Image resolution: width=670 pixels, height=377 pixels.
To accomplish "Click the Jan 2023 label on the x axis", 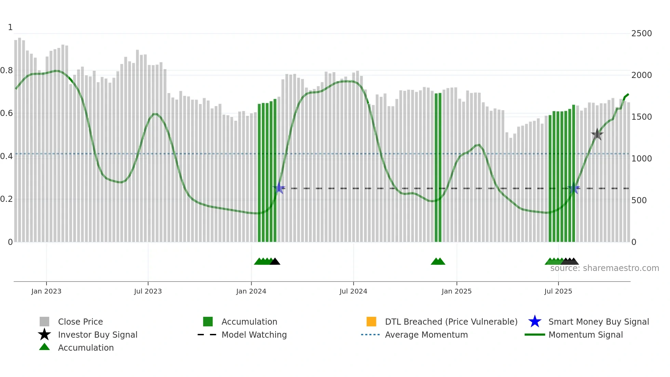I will point(46,291).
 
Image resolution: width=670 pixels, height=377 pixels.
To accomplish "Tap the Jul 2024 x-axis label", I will point(353,291).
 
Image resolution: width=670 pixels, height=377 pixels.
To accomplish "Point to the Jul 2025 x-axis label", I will point(558,291).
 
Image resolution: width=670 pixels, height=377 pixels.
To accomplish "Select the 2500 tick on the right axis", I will point(641,34).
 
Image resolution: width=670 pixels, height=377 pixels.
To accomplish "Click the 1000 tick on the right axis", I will point(641,158).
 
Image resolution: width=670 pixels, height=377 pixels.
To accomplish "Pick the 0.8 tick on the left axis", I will point(6,70).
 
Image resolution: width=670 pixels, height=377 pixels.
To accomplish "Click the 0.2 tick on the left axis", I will point(6,199).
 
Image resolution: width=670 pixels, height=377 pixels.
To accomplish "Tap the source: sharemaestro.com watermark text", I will point(604,268).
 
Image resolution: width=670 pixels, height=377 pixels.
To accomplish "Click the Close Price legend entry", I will point(80,322).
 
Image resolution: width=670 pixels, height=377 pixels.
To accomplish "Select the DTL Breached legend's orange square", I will point(371,322).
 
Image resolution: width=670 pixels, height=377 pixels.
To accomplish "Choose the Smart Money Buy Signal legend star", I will point(535,322).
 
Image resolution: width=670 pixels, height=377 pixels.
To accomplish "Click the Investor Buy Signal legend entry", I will point(97,335).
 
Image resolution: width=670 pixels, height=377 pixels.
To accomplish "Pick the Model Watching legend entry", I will point(254,335).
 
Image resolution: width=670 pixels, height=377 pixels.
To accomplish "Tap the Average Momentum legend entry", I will point(426,335).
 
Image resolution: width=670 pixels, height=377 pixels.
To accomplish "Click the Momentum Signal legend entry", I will point(586,335).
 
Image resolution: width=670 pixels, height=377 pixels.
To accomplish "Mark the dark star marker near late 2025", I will point(597,134).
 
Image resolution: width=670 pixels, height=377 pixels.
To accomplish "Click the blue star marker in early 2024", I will point(279,188).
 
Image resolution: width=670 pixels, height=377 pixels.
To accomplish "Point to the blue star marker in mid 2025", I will point(574,188).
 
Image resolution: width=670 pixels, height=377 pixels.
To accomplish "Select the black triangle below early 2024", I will point(275,262).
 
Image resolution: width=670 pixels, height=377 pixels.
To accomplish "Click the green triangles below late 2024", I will point(438,262).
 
